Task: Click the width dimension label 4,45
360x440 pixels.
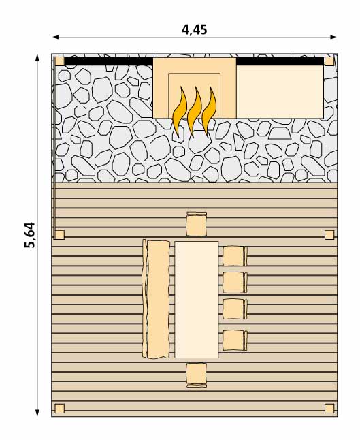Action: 195,29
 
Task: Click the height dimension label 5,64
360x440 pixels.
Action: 30,235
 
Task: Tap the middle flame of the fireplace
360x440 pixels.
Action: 195,112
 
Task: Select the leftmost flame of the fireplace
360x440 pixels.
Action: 180,112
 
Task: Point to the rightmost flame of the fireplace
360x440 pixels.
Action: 209,112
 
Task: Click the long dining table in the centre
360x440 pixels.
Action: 196,300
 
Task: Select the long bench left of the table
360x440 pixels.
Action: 156,299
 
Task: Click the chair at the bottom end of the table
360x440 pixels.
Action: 197,375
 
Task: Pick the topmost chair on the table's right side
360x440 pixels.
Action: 235,256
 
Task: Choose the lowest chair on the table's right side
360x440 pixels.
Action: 235,341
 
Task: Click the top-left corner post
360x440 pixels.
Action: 60,61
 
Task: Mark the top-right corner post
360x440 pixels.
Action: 329,61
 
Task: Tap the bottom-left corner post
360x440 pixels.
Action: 59,409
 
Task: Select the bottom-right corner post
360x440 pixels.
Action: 329,409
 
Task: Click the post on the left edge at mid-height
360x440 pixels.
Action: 59,235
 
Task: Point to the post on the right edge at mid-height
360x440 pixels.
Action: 329,235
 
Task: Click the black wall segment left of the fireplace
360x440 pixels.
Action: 109,61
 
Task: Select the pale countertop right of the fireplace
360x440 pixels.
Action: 280,92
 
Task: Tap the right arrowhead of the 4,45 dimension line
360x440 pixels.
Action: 334,37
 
